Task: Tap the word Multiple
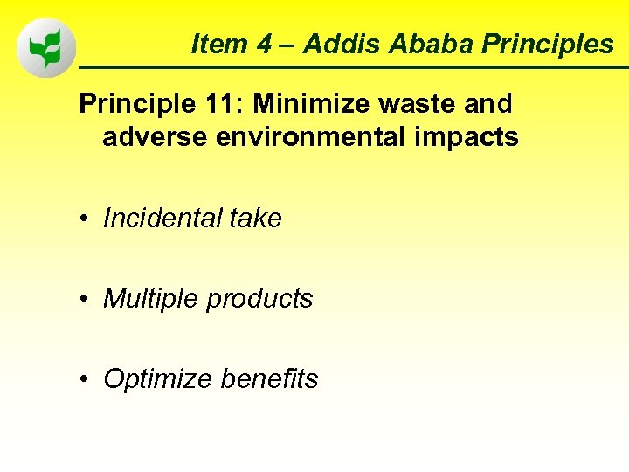point(151,298)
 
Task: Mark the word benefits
point(269,378)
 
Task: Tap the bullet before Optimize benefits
point(86,380)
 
